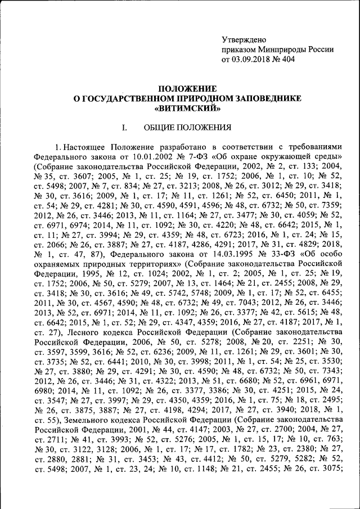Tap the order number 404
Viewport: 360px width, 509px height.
click(287, 58)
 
